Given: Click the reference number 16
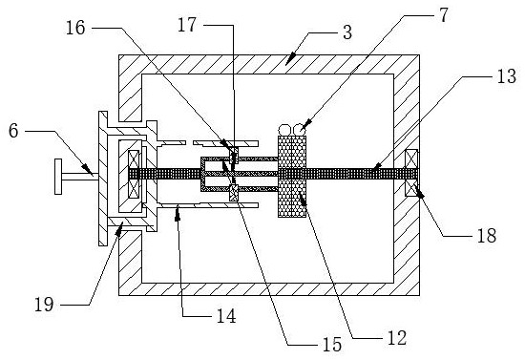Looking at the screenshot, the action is (x=75, y=28).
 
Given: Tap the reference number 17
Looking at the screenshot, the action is (x=187, y=25).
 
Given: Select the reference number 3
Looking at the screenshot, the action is (x=347, y=32).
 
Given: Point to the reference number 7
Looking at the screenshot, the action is (x=443, y=14).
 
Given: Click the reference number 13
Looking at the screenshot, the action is (x=506, y=76).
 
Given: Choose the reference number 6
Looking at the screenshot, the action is (x=13, y=131).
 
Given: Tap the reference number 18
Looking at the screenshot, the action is (x=487, y=236).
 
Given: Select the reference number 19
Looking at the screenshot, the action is (x=44, y=305).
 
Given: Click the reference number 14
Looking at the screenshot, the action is (x=226, y=316).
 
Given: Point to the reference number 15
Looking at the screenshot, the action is (x=332, y=345).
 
